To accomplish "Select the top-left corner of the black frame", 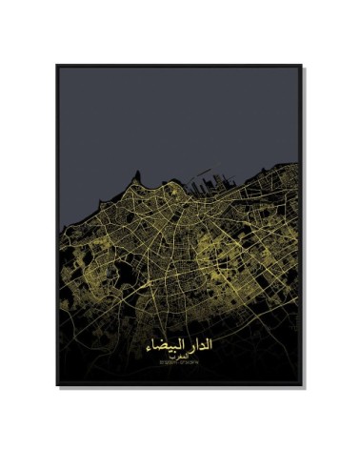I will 57,66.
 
